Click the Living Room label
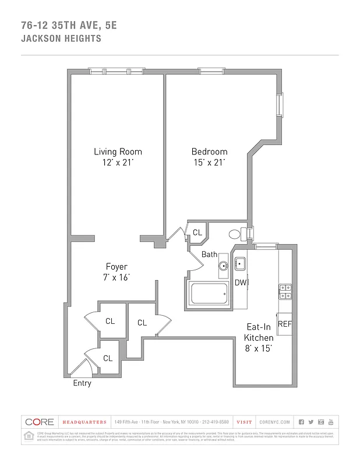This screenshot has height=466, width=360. [x=118, y=151]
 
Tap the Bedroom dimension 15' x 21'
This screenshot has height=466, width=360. [x=209, y=163]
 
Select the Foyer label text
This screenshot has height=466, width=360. [x=117, y=267]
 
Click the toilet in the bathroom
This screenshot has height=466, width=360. [x=236, y=234]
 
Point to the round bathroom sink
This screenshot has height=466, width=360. [x=224, y=267]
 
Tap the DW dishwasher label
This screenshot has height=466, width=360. [x=240, y=283]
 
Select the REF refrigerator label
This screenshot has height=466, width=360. [x=284, y=324]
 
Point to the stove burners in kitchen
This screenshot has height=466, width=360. [x=285, y=291]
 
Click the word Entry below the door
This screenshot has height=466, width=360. [x=82, y=383]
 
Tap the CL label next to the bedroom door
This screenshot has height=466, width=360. [x=197, y=232]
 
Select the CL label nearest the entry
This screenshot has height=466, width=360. [x=108, y=358]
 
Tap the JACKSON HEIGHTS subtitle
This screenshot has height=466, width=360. [x=61, y=39]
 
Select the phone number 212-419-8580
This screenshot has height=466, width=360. [x=216, y=422]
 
